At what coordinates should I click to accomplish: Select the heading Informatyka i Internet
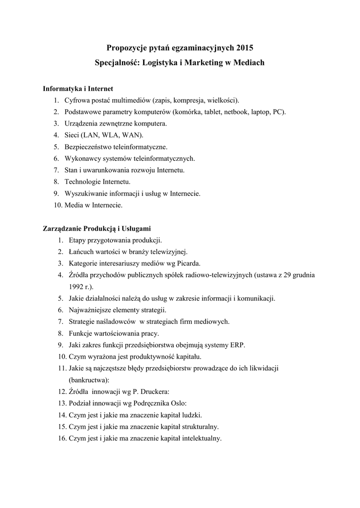tap(78, 89)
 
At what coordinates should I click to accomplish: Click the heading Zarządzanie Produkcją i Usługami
tap(97, 229)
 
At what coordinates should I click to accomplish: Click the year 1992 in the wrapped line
tap(77, 286)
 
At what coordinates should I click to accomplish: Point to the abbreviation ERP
tap(237, 345)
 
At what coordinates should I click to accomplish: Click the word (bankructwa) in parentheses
tap(88, 380)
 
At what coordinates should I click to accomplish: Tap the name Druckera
tap(155, 392)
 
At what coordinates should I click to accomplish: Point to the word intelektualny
tap(200, 439)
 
